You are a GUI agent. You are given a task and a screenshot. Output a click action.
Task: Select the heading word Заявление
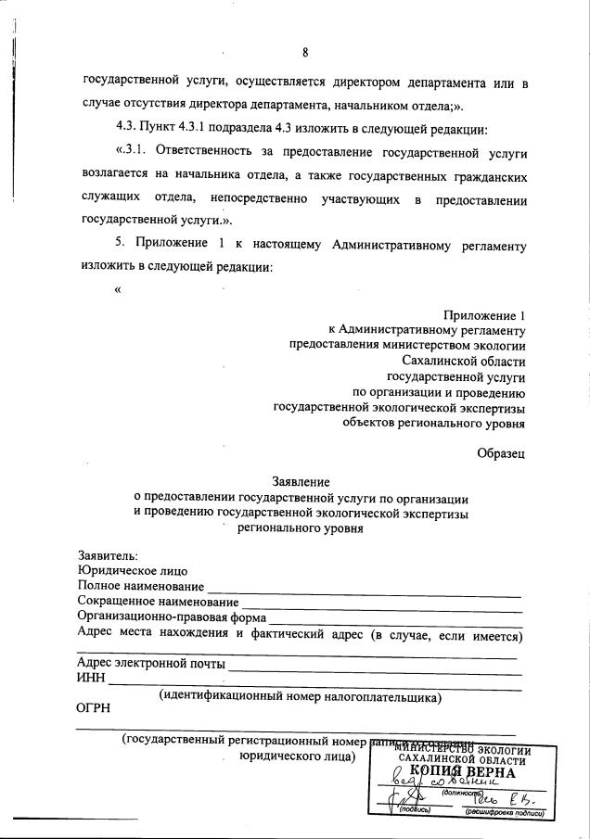(301, 481)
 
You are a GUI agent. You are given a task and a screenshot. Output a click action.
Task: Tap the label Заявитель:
(109, 555)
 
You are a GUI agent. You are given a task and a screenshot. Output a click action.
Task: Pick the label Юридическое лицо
(133, 571)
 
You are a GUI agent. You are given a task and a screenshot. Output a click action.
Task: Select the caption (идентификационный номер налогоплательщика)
(300, 695)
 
